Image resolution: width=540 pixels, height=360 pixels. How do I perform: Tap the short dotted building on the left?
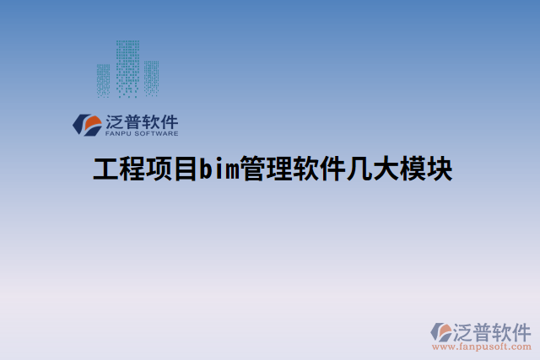point(103,80)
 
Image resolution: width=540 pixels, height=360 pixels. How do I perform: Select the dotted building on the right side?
point(152,78)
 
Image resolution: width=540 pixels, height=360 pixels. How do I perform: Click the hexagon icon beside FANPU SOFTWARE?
point(87,125)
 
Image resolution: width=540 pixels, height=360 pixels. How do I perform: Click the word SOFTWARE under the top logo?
point(158,133)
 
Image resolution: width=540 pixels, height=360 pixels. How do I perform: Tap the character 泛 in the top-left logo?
point(116,121)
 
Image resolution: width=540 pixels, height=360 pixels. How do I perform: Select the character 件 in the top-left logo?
point(169,121)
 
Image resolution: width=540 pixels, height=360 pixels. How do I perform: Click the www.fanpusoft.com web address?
point(481,346)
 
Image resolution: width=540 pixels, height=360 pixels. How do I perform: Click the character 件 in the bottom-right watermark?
point(520,330)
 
